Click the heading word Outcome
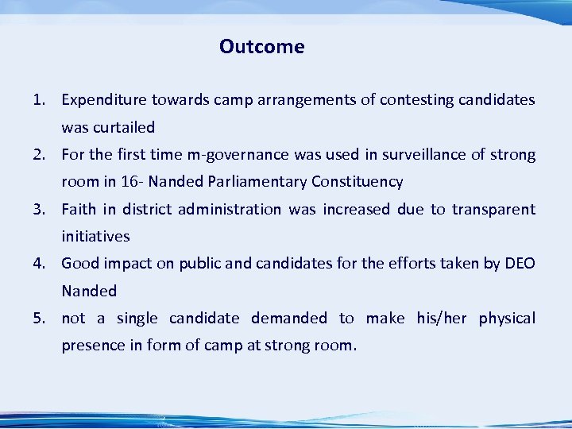point(261,47)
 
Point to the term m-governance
point(235,154)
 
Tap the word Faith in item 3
point(78,210)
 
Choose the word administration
point(230,210)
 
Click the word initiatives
point(95,237)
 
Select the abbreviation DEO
point(520,264)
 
